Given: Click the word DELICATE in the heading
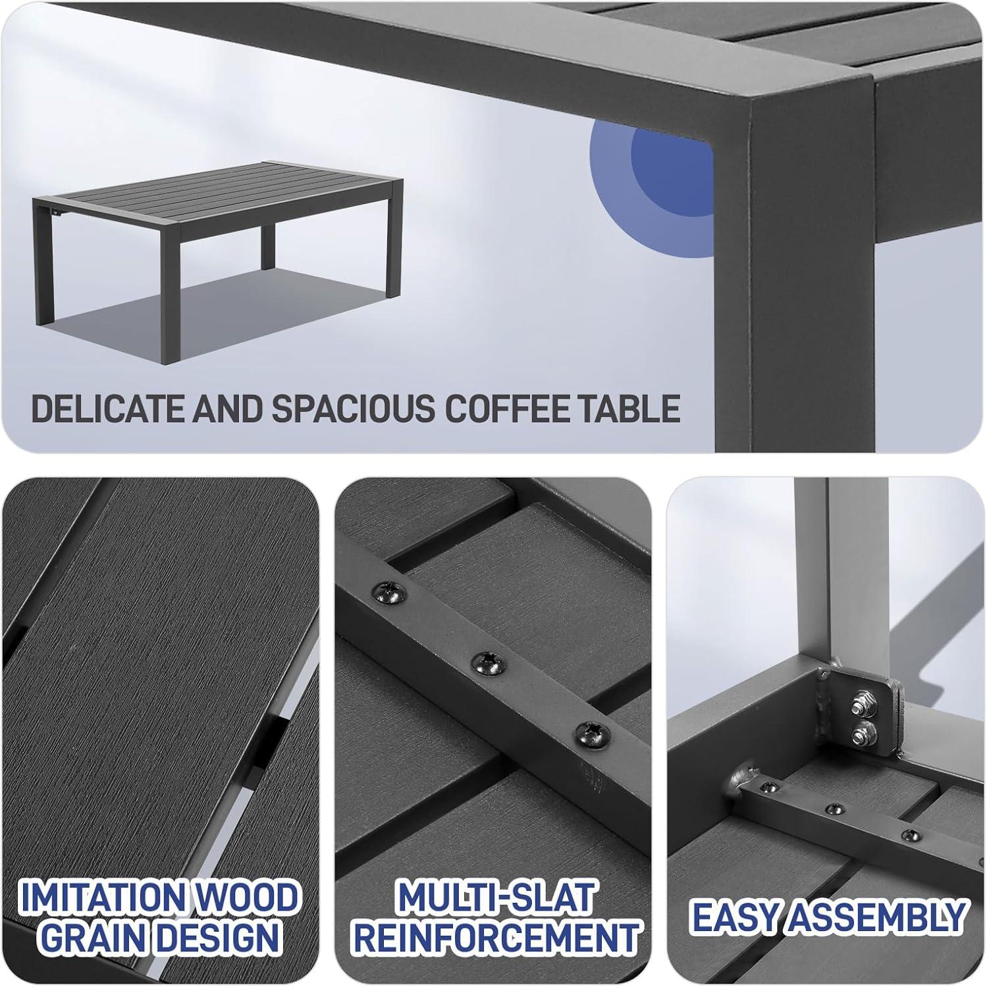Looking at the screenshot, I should click(x=108, y=409).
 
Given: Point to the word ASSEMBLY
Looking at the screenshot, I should click(x=876, y=917).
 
